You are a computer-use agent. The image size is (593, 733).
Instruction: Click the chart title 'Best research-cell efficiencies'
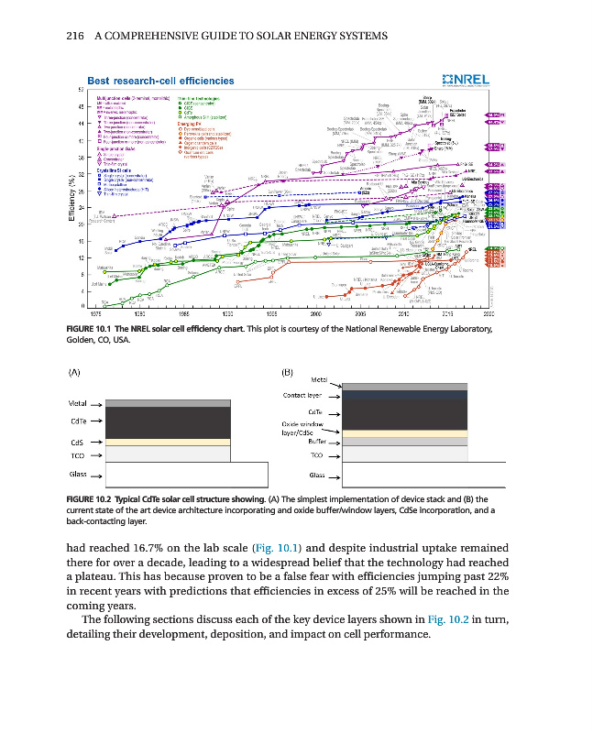click(x=159, y=81)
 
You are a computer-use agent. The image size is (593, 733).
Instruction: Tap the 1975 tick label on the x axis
click(x=82, y=313)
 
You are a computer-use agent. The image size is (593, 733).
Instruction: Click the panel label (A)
click(x=75, y=373)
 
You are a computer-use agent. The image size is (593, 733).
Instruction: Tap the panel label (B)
click(x=285, y=373)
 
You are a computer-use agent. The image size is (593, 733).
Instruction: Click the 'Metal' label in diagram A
click(x=80, y=404)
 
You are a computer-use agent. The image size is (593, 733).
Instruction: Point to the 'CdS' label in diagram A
click(x=78, y=442)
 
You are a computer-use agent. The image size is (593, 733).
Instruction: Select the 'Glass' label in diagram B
click(x=317, y=476)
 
